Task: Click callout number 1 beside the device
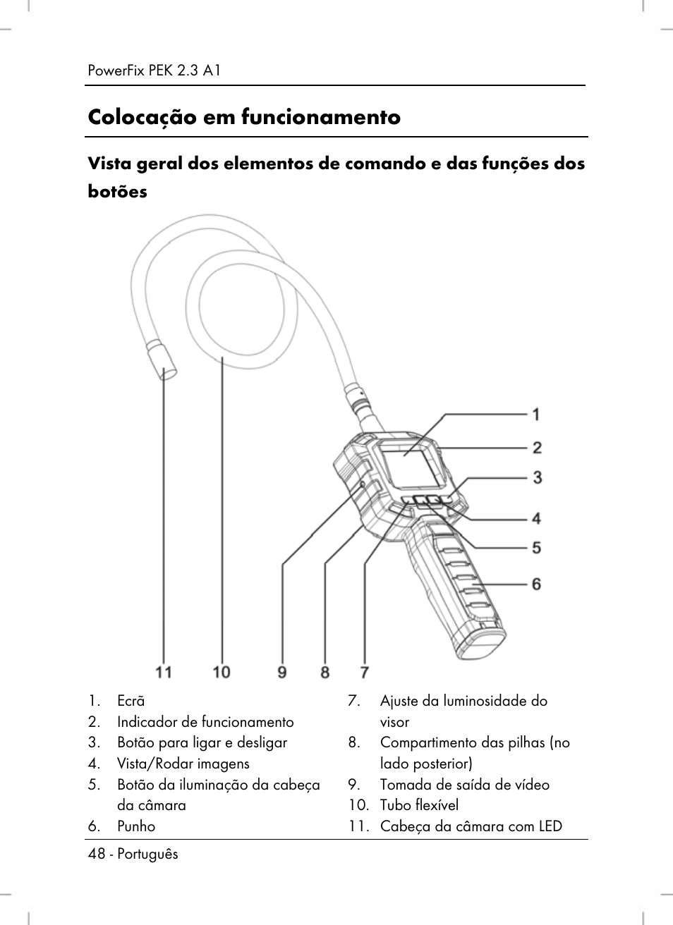click(536, 414)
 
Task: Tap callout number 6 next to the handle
click(536, 584)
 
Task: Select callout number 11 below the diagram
click(164, 672)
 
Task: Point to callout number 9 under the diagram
click(282, 672)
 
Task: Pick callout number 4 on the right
click(536, 519)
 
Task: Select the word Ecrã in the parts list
click(131, 701)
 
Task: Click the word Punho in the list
click(136, 826)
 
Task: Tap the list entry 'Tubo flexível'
click(419, 805)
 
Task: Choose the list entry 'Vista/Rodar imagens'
click(183, 764)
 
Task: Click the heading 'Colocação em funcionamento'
click(244, 117)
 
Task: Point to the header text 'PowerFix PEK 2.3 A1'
click(155, 71)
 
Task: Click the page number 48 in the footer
click(96, 854)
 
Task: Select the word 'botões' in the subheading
click(118, 191)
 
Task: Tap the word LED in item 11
click(550, 826)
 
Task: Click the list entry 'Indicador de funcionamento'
click(205, 722)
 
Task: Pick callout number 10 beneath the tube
click(222, 672)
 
